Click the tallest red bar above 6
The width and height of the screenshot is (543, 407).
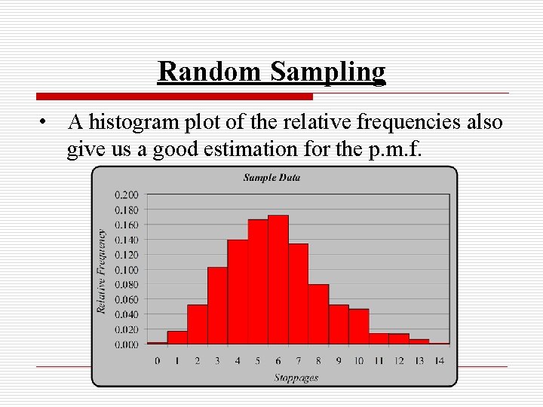(278, 280)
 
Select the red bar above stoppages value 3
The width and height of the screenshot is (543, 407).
(217, 305)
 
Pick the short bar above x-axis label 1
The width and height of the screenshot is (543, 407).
(177, 338)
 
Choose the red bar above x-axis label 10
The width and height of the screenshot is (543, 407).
(358, 326)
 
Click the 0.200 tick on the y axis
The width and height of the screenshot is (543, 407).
(126, 194)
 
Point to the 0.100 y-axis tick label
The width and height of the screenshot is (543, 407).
(126, 270)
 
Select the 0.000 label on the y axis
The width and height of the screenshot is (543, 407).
(126, 344)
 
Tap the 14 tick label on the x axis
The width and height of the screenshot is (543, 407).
(439, 361)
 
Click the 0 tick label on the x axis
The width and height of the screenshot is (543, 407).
(157, 361)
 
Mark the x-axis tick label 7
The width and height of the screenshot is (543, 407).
(298, 361)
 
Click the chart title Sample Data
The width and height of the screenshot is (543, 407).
(271, 178)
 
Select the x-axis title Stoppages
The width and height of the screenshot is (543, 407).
(296, 378)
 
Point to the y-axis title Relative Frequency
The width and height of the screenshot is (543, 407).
(101, 271)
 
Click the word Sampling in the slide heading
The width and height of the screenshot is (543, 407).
(328, 72)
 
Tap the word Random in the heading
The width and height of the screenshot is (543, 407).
(210, 72)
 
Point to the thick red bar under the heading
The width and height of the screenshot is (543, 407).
(174, 96)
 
